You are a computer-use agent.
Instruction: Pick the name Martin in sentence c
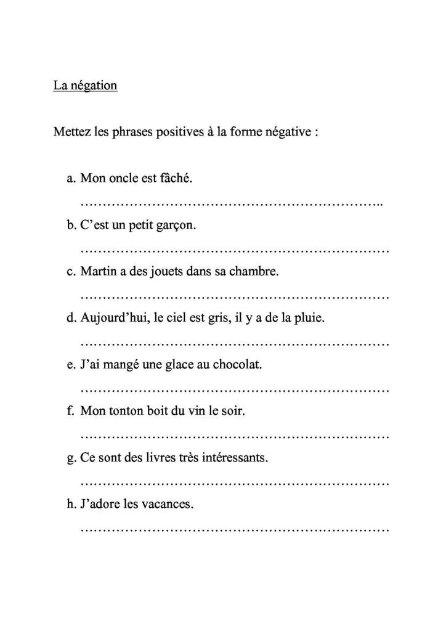(97, 272)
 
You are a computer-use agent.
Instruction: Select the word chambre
(255, 272)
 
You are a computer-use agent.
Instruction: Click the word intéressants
(234, 458)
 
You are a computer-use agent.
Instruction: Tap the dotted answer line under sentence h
(234, 529)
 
